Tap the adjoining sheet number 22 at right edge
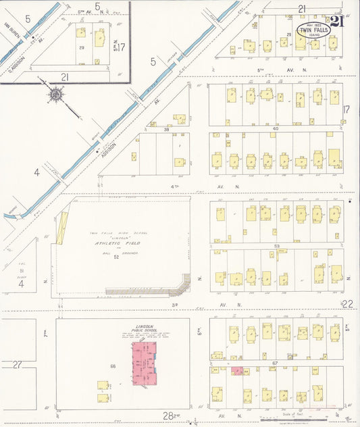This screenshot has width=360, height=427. [348, 305]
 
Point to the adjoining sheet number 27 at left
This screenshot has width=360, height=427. [18, 365]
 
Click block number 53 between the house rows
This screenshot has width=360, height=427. [276, 247]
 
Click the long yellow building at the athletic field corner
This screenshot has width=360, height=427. [63, 228]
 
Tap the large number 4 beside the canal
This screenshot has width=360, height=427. [37, 173]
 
